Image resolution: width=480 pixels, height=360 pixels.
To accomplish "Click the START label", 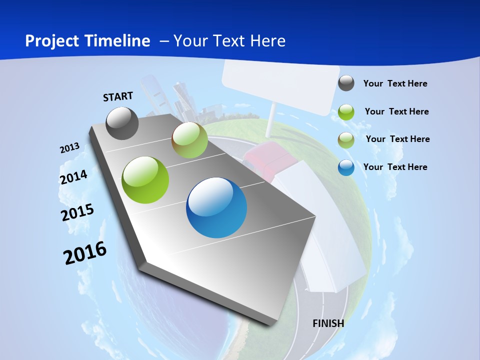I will click(118, 96).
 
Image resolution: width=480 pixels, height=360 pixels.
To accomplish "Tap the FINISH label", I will click(328, 323).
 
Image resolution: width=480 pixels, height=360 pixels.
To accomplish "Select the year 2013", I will click(69, 148).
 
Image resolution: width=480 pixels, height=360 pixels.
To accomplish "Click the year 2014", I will click(73, 177).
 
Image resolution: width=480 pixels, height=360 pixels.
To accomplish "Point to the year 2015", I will click(77, 212).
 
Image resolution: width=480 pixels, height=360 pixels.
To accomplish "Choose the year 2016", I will click(85, 252).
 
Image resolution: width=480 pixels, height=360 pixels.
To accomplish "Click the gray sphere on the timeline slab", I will click(122, 123).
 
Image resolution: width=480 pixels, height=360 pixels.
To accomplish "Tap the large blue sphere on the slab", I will click(216, 207).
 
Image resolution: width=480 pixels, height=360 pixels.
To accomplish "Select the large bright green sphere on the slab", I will click(145, 180).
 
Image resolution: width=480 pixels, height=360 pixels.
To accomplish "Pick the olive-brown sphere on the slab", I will click(189, 140).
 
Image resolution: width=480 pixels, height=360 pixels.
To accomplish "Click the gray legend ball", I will click(346, 83).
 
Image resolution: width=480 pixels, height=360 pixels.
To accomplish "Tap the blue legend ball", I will click(346, 167).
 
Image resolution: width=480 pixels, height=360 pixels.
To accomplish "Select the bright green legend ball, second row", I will click(346, 112).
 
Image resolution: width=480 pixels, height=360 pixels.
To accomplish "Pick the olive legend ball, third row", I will click(346, 140).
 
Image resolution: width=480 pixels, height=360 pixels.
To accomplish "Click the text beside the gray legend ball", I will click(395, 84).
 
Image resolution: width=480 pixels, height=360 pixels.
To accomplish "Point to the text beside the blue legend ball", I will click(395, 167).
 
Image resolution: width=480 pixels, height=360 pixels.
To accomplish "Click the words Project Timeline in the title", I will click(87, 41).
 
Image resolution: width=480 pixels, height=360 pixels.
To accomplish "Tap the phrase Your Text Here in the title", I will click(229, 41).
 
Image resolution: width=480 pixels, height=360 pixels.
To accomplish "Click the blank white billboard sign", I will click(276, 85).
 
